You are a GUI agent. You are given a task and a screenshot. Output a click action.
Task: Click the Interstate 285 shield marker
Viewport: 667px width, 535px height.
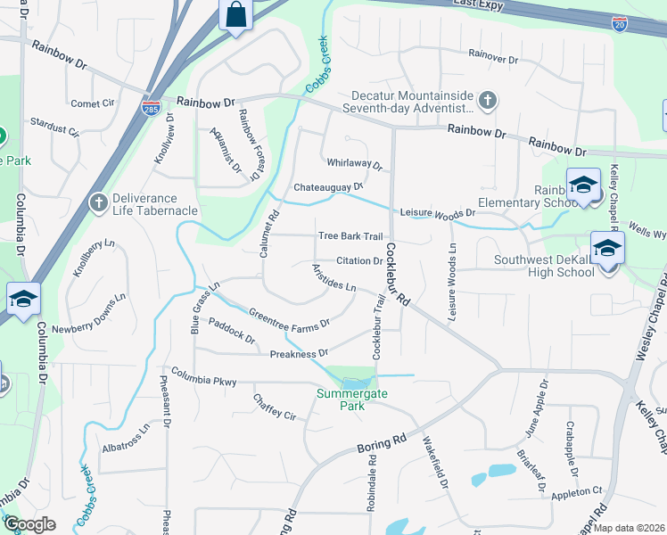click(151, 108)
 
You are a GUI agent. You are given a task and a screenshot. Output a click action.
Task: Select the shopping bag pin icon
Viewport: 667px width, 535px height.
click(235, 16)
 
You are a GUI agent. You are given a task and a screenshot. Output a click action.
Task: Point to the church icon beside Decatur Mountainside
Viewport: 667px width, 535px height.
click(487, 102)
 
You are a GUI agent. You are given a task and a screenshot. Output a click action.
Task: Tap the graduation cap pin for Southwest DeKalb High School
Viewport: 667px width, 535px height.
click(607, 249)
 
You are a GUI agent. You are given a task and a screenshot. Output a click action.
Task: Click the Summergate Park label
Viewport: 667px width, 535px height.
click(342, 399)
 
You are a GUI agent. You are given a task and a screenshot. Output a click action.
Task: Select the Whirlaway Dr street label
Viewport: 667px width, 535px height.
click(354, 165)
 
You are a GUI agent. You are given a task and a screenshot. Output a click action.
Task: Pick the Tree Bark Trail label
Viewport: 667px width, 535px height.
click(350, 236)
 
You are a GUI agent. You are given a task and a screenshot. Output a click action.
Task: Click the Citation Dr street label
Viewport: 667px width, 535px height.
click(359, 261)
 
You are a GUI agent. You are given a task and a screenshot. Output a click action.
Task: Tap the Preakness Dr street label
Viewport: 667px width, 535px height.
click(299, 354)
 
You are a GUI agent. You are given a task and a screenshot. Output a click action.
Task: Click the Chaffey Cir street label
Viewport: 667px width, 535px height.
click(274, 407)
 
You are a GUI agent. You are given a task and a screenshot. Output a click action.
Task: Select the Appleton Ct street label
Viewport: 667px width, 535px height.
click(577, 490)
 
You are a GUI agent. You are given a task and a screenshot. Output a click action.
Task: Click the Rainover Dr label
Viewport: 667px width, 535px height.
click(492, 59)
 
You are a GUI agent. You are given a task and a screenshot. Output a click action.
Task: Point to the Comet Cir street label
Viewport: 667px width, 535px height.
click(93, 103)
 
